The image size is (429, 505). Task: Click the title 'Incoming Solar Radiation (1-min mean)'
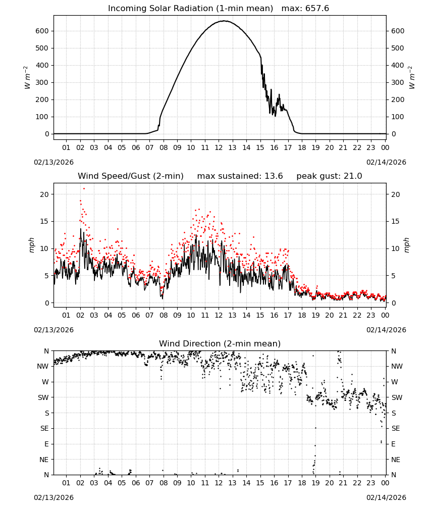(190, 9)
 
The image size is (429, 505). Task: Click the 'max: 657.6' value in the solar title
(305, 9)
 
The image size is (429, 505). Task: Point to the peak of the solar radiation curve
(224, 21)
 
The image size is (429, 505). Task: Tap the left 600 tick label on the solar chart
(42, 31)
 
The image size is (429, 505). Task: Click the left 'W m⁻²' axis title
(27, 77)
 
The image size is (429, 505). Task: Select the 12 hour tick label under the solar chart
(219, 147)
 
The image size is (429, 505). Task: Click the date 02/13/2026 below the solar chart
(53, 162)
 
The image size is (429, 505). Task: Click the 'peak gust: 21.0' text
(329, 176)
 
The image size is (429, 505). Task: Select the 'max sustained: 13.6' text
(240, 176)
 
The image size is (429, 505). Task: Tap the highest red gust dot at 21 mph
(84, 189)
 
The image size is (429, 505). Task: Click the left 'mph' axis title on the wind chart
(31, 245)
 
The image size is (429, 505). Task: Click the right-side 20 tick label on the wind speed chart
(395, 194)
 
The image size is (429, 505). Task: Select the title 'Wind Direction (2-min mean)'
(220, 343)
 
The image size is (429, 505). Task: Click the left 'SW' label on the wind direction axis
(43, 397)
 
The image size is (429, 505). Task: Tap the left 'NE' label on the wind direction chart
(44, 460)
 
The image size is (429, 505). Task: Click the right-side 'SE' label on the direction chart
(396, 428)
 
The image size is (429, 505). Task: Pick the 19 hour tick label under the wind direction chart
(315, 483)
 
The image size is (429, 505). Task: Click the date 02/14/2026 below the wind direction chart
(386, 497)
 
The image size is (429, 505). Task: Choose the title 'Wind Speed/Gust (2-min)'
(131, 176)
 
